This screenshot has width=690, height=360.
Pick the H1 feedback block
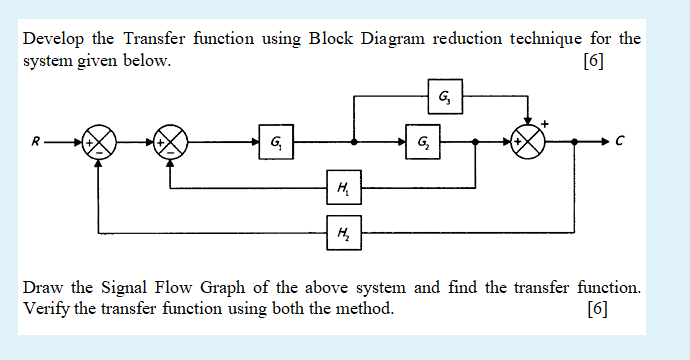(x=344, y=185)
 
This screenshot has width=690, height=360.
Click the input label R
(x=37, y=142)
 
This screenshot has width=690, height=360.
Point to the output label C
(x=621, y=142)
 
